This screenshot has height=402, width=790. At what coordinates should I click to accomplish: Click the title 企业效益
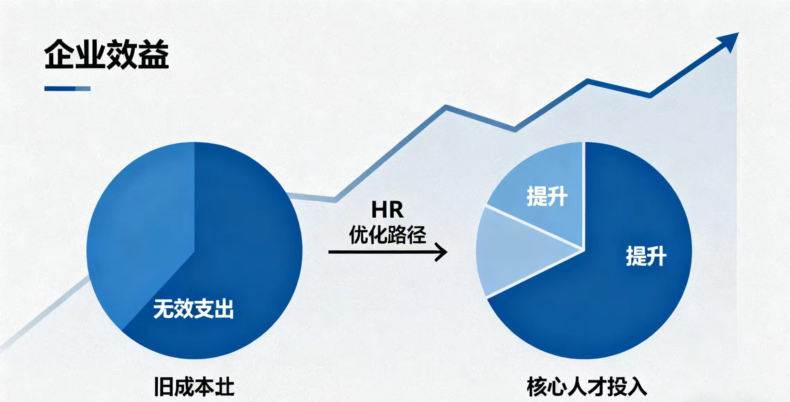[107, 55]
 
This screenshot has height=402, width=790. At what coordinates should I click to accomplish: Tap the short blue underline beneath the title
[67, 89]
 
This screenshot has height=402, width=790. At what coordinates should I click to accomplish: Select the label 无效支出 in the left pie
[193, 309]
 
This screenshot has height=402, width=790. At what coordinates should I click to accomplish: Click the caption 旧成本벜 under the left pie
[194, 386]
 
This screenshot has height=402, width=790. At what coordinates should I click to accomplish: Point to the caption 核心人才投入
[587, 386]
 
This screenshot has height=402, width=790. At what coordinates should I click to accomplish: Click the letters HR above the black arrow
[387, 210]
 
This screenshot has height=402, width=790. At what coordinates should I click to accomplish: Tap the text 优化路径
[387, 235]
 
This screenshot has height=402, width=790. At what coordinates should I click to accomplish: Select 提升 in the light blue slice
[547, 196]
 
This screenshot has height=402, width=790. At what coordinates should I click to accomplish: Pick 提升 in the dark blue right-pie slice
[646, 256]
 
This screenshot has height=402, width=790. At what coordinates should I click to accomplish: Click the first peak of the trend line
[446, 106]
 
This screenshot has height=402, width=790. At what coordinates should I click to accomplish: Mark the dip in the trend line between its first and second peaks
[514, 129]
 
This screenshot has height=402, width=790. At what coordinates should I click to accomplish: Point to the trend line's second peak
[588, 81]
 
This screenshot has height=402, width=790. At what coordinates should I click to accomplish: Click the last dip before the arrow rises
[649, 95]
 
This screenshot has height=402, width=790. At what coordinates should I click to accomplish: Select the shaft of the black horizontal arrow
[378, 252]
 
